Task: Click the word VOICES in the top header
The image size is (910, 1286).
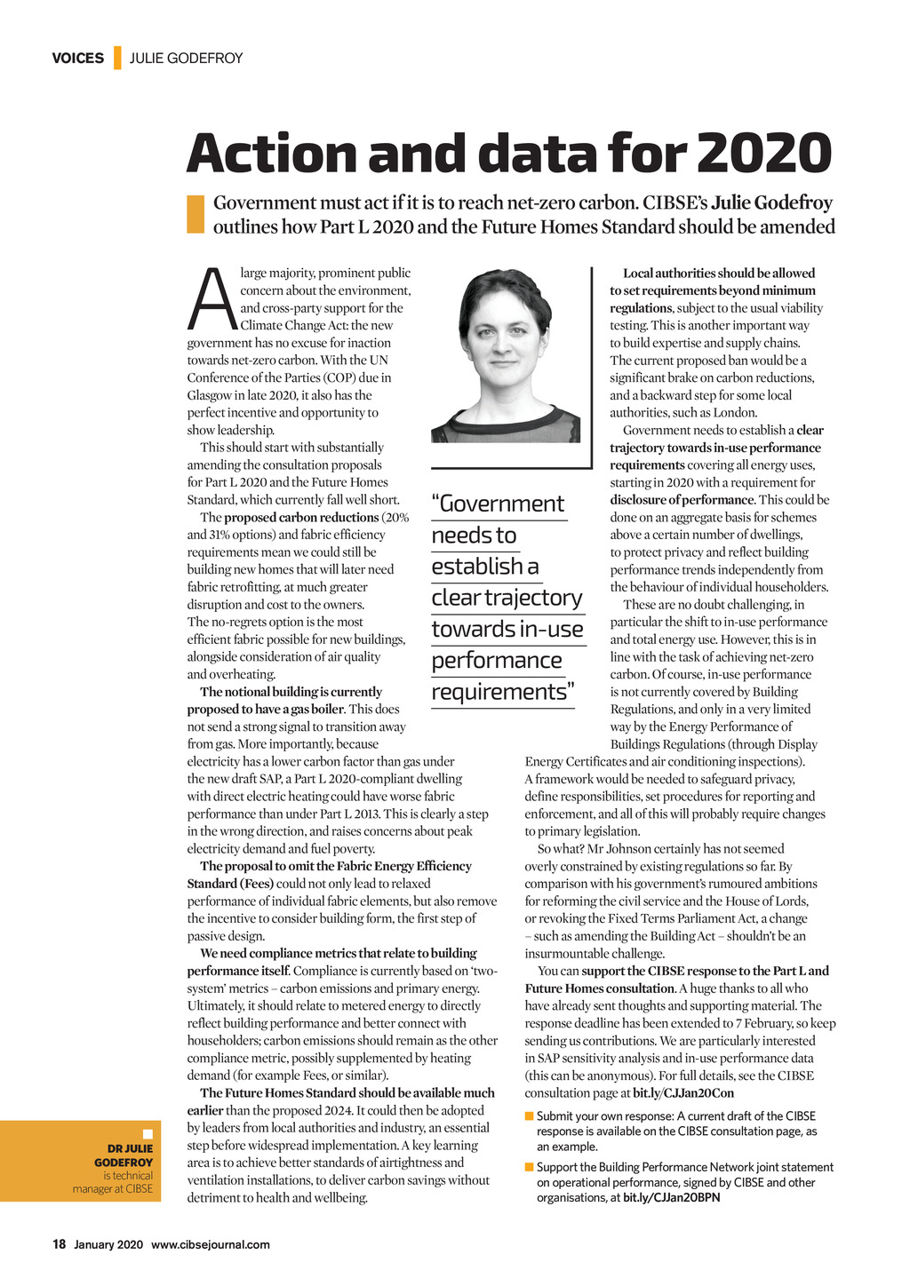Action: (x=77, y=59)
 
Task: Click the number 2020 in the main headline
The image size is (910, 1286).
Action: (x=764, y=154)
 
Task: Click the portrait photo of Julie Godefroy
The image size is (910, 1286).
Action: (x=505, y=355)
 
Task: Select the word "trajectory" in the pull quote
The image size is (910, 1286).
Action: (x=537, y=598)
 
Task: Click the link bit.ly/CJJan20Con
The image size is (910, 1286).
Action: (x=683, y=1093)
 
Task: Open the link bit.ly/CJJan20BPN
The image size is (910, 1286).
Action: (x=671, y=1197)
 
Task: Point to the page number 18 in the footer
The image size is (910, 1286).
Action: (x=59, y=1244)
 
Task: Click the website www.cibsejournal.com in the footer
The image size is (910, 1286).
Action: (x=210, y=1244)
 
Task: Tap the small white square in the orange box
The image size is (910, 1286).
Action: (x=148, y=1134)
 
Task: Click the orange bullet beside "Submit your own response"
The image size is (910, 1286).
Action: (x=530, y=1116)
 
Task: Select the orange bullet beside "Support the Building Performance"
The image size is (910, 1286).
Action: (x=530, y=1167)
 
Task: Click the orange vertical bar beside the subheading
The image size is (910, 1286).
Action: (x=196, y=214)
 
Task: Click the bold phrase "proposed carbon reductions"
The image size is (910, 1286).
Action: (x=301, y=518)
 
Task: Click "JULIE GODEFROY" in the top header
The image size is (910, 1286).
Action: (x=186, y=59)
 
